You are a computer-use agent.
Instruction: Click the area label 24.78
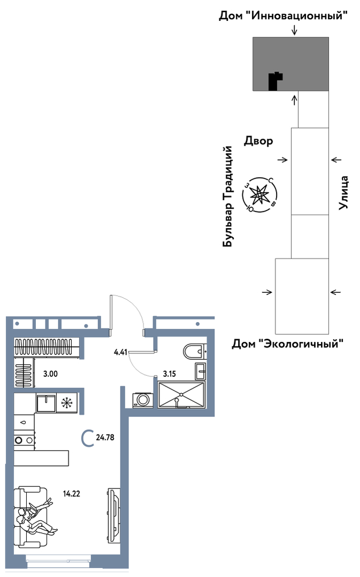tap(105, 437)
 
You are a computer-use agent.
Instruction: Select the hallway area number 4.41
tap(120, 352)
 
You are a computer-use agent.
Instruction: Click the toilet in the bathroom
tap(194, 351)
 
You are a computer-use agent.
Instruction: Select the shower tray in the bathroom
tap(181, 395)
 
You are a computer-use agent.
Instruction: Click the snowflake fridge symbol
tap(67, 403)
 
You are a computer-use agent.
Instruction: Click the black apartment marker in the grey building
tap(274, 81)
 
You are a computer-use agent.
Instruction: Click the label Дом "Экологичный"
tap(287, 344)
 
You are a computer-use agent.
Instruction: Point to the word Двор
tap(258, 141)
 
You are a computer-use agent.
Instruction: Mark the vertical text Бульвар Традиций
tap(228, 196)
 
